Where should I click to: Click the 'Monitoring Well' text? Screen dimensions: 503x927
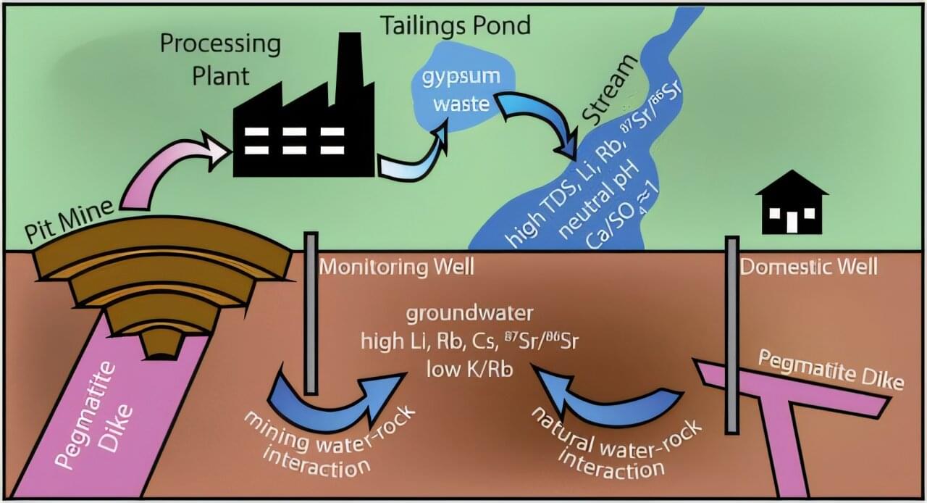pos(396,267)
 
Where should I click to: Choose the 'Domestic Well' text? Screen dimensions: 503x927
pos(808,267)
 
